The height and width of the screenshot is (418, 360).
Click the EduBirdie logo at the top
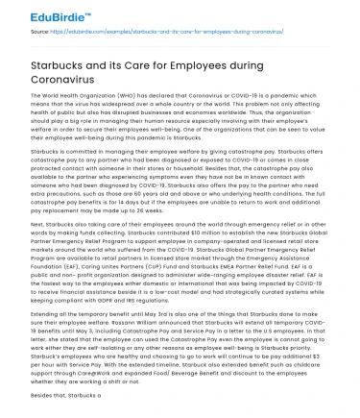(x=37, y=16)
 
